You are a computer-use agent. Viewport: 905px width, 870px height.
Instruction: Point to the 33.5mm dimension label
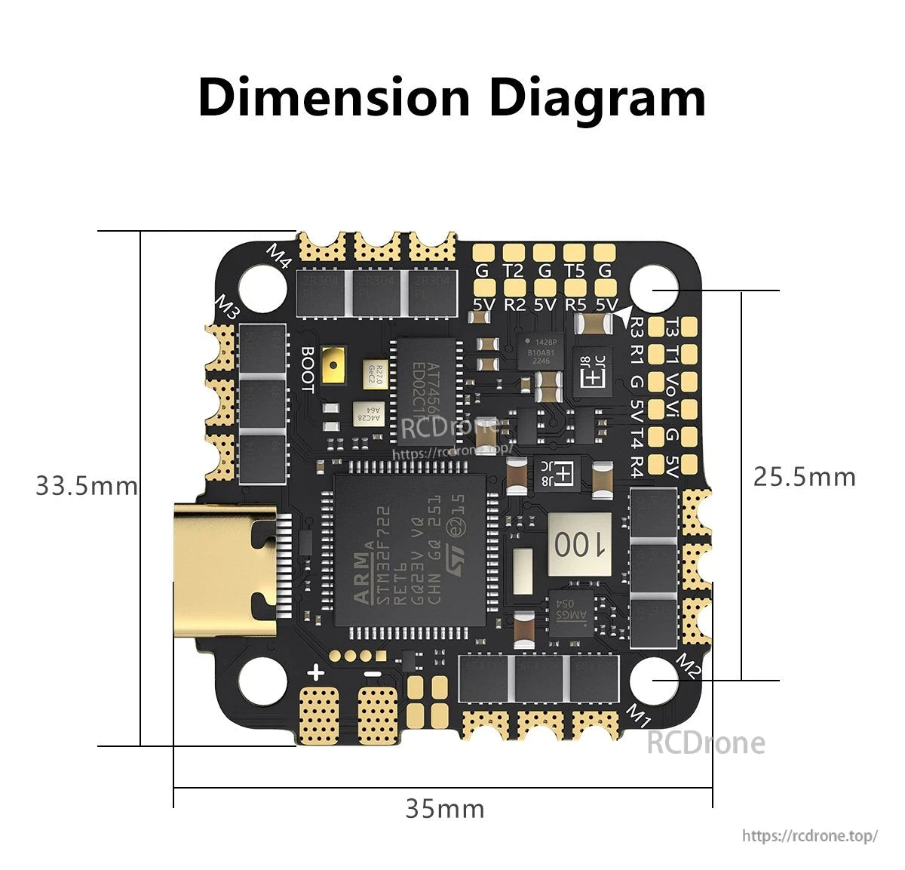[87, 485]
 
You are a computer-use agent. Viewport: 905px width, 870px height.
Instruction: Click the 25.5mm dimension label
[805, 477]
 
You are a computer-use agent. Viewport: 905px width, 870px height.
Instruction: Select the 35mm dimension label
[445, 809]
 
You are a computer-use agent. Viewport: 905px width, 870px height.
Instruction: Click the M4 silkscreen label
[279, 256]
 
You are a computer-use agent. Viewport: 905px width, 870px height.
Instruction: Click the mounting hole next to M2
[654, 678]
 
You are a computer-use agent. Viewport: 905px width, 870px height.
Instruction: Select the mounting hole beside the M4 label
[264, 289]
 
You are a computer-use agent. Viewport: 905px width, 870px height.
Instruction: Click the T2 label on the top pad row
[513, 271]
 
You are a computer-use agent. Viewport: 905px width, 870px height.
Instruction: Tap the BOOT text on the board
[307, 369]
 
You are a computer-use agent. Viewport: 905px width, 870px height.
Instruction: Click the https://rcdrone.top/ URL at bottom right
[809, 835]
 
